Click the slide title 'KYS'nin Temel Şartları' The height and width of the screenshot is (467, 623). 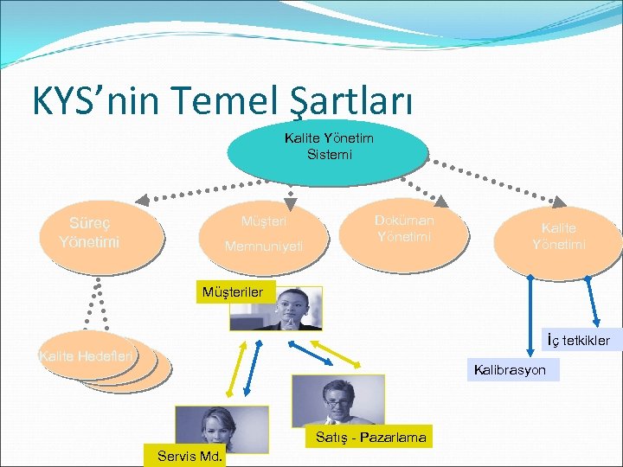[x=223, y=100]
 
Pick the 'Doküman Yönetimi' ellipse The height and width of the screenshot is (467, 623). [x=404, y=230]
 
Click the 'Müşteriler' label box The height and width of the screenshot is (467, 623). [x=232, y=292]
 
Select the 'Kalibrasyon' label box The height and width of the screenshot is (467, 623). [x=510, y=370]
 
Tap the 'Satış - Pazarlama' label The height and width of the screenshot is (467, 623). [x=370, y=438]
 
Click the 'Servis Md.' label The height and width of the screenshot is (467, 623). [x=189, y=456]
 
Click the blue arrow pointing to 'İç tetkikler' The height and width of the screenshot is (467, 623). [x=593, y=304]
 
